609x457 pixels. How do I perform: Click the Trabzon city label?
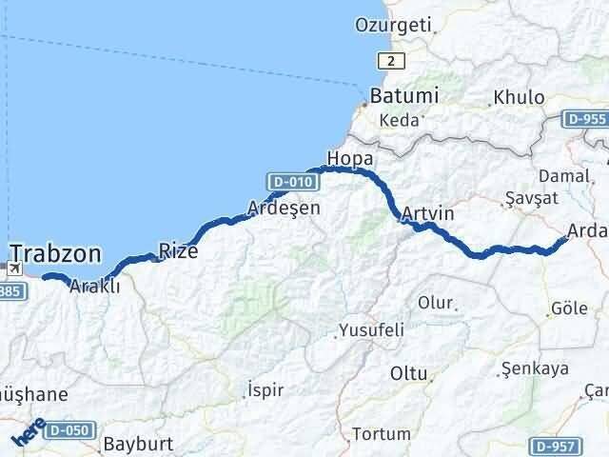pos(56,252)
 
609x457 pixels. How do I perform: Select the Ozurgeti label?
pos(393,24)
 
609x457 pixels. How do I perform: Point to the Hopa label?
pos(349,157)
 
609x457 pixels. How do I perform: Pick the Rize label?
pos(178,251)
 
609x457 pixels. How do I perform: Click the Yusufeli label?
pos(373,330)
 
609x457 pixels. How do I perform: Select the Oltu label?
pos(408,373)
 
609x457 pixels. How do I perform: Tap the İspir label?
pos(265,389)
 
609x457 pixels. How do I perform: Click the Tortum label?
pos(381,434)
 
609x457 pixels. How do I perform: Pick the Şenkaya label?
pos(534,368)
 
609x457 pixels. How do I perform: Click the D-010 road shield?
pos(286,181)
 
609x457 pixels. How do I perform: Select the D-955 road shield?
pos(585,119)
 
